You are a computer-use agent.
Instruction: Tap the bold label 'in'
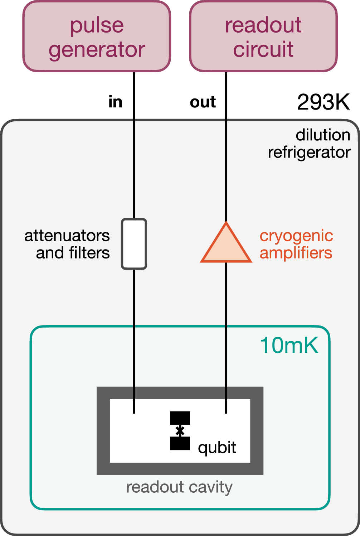[x=115, y=102]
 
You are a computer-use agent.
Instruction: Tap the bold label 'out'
[x=203, y=102]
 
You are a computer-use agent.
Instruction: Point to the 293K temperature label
[x=323, y=102]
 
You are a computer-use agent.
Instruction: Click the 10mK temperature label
[x=289, y=346]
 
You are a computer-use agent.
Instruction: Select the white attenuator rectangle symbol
[x=134, y=244]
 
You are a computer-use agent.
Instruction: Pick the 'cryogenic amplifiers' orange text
[x=296, y=244]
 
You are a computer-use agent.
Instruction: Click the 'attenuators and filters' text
[x=67, y=244]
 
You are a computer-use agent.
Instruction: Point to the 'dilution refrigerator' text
[x=309, y=144]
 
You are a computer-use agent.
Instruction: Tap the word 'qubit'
[x=217, y=448]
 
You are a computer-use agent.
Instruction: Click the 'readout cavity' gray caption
[x=179, y=487]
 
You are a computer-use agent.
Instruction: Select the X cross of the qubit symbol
[x=180, y=431]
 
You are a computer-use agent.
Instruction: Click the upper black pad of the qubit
[x=180, y=417]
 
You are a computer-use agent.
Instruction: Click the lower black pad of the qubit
[x=180, y=443]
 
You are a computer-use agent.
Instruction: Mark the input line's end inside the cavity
[x=134, y=412]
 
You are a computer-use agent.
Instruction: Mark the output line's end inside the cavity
[x=226, y=412]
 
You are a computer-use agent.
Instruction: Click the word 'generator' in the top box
[x=97, y=49]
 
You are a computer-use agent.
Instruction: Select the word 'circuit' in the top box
[x=263, y=49]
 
